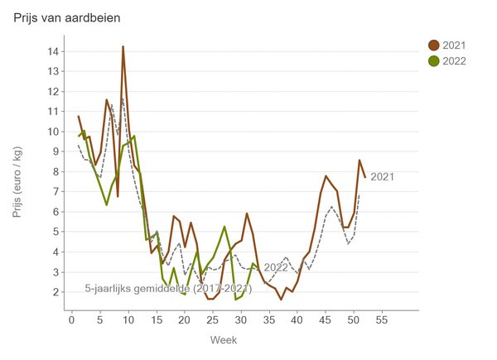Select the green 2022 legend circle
tap(433, 60)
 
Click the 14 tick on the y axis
tap(53, 51)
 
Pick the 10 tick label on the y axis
tap(53, 132)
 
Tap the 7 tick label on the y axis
tap(55, 192)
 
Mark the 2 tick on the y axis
tap(55, 292)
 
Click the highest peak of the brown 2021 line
tap(123, 46)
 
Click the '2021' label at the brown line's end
tap(383, 176)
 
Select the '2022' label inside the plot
tap(276, 267)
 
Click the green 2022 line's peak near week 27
tap(224, 227)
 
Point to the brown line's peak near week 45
tap(326, 176)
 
